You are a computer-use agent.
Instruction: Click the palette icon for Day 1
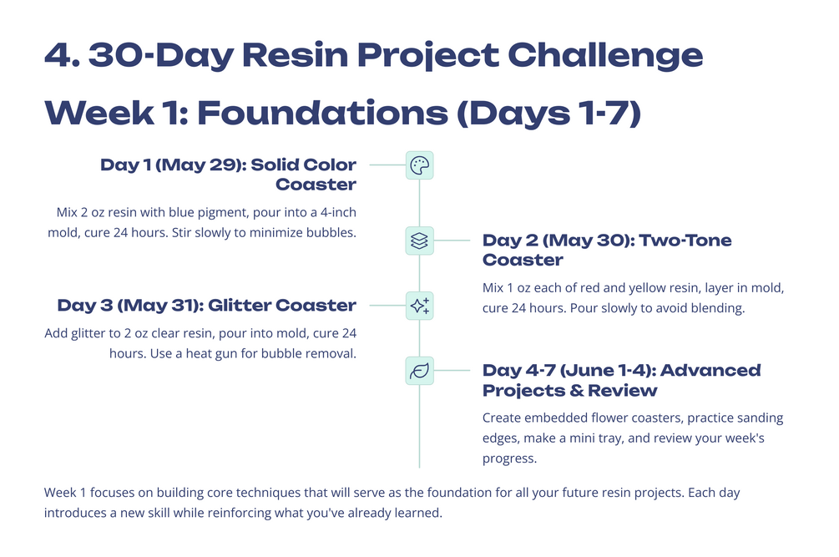pos(419,165)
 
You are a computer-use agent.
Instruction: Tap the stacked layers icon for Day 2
pos(419,241)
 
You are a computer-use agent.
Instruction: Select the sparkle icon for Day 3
pos(419,306)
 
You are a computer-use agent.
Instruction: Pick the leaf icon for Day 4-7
pos(419,371)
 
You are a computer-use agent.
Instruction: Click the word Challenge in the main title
pos(605,56)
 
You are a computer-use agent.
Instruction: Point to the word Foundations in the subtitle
pos(322,113)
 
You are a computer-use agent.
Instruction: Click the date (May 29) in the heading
pos(200,165)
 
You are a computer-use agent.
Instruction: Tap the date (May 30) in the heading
pos(588,241)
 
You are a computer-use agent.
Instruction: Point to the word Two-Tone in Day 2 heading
pos(685,241)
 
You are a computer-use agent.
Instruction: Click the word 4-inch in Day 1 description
pos(338,212)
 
